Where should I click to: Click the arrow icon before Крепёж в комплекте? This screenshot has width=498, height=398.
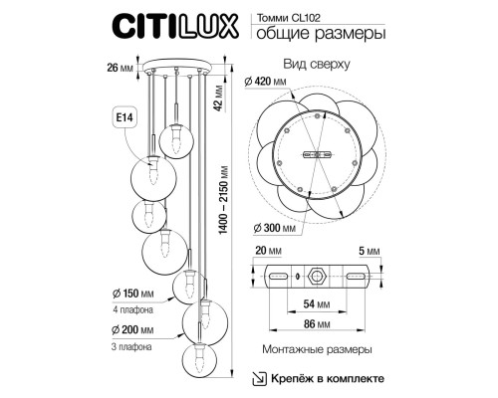pos(256,378)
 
